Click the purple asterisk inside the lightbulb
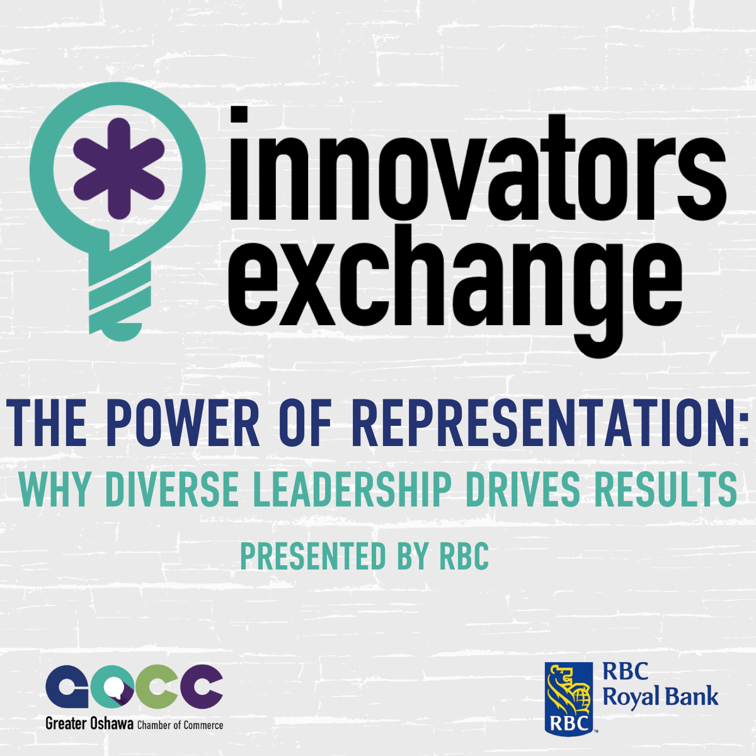119,168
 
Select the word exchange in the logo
455,290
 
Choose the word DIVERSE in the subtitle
172,489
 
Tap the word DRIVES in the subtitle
522,489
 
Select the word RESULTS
665,489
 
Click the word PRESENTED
313,556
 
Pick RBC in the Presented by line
464,556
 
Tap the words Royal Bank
660,699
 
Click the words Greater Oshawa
89,723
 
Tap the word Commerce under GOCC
203,725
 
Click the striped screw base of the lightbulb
120,296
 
